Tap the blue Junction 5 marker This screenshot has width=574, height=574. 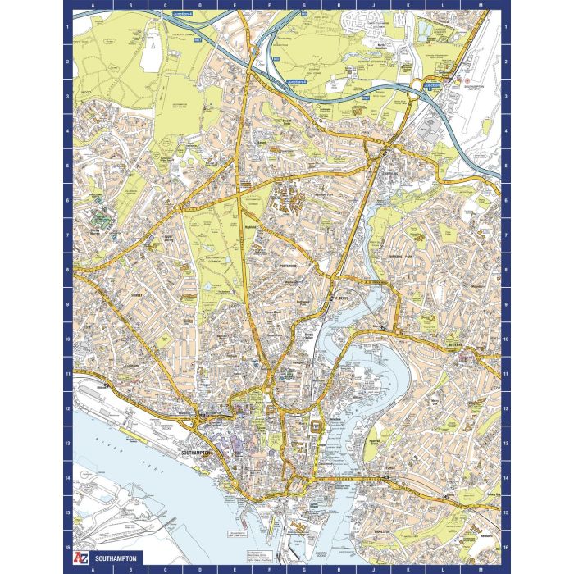click(431, 84)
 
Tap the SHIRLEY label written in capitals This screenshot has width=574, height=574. click(137, 294)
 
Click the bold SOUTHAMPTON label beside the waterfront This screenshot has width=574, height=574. click(196, 452)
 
